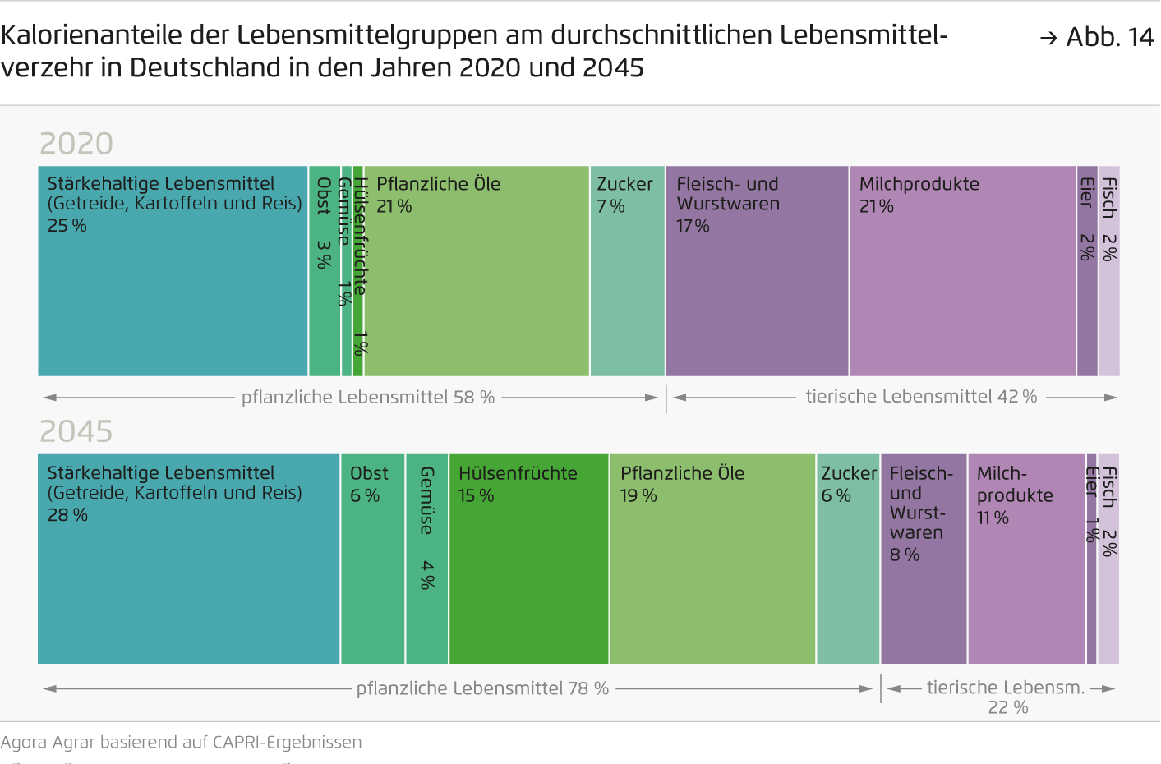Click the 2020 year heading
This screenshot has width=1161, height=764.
(x=76, y=144)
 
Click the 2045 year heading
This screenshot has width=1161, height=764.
(x=76, y=431)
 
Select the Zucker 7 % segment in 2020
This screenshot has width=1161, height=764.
(x=627, y=271)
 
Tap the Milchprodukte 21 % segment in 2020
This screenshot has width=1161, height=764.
(x=962, y=271)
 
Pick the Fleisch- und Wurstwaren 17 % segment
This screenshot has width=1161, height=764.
(x=757, y=271)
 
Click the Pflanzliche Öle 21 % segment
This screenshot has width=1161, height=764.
(x=477, y=271)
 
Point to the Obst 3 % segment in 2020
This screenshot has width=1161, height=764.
(x=324, y=271)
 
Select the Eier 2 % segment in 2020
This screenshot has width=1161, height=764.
(x=1087, y=271)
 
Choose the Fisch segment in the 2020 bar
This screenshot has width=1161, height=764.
(x=1109, y=271)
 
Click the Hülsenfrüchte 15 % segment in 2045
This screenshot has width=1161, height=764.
(x=528, y=559)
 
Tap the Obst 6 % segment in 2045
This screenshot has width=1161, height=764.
(x=372, y=559)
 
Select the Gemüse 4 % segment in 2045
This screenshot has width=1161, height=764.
(x=426, y=559)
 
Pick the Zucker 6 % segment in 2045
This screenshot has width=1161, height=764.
(x=848, y=559)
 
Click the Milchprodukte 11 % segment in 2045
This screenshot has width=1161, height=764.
(x=1026, y=559)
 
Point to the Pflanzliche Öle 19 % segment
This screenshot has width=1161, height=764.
(x=712, y=559)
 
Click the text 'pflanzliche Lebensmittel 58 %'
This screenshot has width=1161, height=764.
(x=367, y=398)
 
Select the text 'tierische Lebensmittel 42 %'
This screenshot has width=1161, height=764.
(x=920, y=397)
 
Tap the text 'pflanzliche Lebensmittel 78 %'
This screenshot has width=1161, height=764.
(x=482, y=688)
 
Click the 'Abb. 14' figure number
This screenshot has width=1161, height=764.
(x=1108, y=37)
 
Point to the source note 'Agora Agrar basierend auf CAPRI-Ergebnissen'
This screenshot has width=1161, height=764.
(x=182, y=743)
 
